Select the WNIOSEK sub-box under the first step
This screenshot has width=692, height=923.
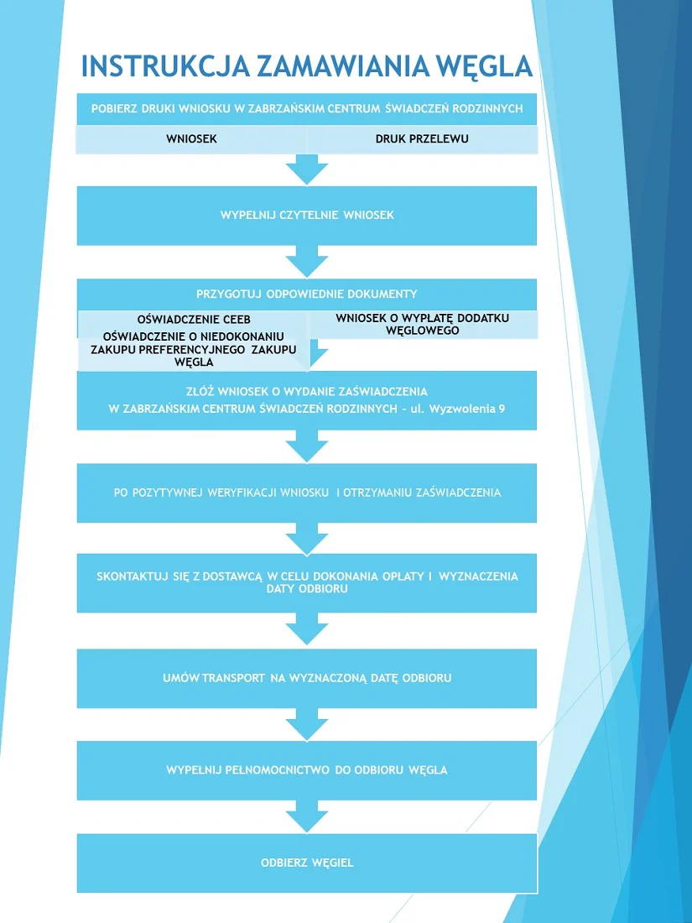[x=191, y=139]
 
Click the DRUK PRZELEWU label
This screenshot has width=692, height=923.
[x=421, y=139]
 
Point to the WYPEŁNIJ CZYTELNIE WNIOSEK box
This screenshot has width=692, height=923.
[x=307, y=216]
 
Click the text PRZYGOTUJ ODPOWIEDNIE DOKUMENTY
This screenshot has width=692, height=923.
[x=307, y=295]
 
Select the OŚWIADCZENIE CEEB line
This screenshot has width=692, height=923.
[x=194, y=320]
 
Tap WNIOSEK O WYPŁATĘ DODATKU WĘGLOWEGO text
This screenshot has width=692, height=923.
[x=422, y=324]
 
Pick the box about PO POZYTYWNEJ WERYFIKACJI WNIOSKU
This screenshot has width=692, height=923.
[x=307, y=493]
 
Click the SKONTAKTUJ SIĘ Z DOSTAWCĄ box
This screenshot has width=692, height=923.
[x=307, y=582]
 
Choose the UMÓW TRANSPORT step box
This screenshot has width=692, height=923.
[x=307, y=677]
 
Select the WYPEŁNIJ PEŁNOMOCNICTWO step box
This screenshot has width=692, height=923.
[x=307, y=769]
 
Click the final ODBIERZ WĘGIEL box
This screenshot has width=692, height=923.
[x=307, y=863]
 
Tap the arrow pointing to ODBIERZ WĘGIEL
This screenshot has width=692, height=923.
[x=307, y=815]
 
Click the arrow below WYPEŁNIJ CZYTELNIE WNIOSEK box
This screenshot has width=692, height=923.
[x=307, y=261]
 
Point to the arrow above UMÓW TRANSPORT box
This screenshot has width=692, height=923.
[x=307, y=628]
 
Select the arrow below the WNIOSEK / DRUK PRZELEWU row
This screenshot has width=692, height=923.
[x=307, y=169]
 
